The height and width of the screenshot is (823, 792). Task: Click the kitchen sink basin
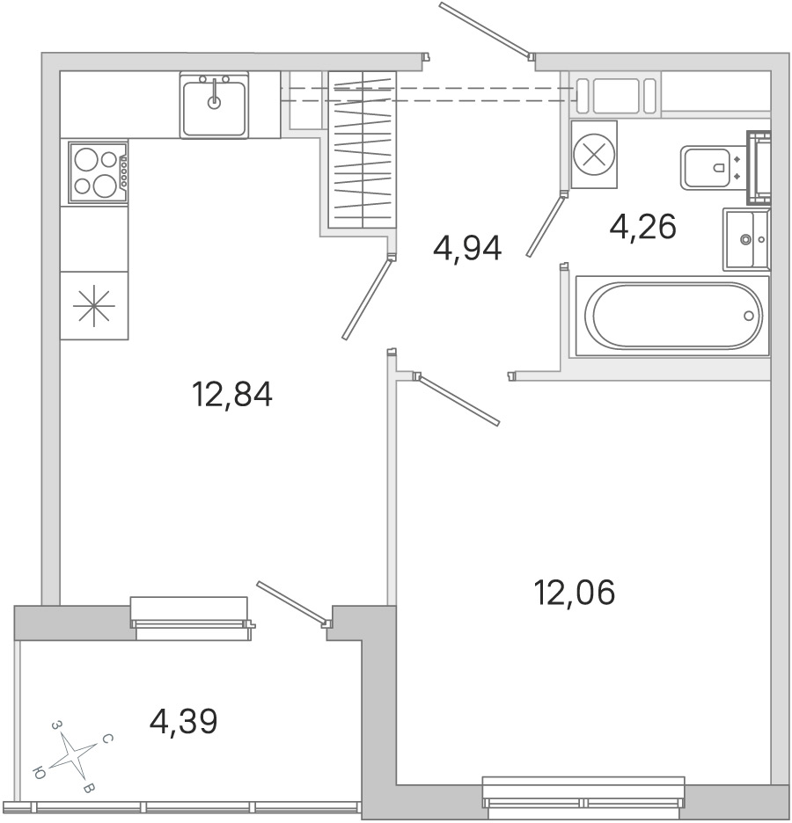click(x=214, y=106)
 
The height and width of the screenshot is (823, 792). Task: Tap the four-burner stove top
click(x=99, y=172)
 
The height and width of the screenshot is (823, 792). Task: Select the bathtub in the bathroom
click(x=672, y=316)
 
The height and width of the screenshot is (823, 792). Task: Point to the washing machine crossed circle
click(x=594, y=155)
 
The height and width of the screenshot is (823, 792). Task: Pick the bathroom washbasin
click(x=746, y=239)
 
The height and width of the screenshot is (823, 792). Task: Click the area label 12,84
click(x=232, y=395)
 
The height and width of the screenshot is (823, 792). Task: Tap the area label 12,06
click(x=575, y=593)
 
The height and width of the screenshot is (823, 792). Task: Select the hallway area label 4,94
click(x=467, y=248)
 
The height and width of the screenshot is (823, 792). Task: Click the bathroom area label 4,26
click(x=643, y=227)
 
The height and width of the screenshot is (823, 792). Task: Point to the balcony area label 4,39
click(x=183, y=722)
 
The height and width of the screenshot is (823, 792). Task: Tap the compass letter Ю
click(x=39, y=773)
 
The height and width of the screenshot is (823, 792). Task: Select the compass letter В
click(x=90, y=788)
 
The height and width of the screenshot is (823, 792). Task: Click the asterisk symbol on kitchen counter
click(x=94, y=305)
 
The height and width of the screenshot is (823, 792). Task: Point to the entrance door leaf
click(x=484, y=29)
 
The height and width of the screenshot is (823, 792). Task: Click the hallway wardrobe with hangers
click(x=363, y=149)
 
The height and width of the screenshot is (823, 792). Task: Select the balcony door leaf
click(x=291, y=603)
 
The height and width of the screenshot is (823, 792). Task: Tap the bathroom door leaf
click(x=546, y=225)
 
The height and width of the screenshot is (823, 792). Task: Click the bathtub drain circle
click(x=749, y=316)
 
